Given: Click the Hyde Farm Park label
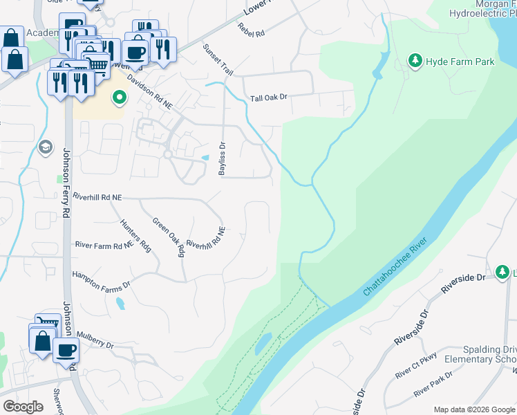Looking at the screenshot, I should tap(461, 62).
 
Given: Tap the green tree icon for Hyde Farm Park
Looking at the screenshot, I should tap(415, 62).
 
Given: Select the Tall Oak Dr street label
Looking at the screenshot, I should tap(269, 98).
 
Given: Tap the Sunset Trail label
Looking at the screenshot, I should tap(218, 59).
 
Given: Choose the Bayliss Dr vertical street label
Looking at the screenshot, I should tap(223, 159).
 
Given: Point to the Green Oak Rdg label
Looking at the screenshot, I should tap(169, 237).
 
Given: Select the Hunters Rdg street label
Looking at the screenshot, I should tap(135, 236).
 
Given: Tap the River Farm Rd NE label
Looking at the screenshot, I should tap(104, 245).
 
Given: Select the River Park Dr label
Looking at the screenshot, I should tap(433, 385).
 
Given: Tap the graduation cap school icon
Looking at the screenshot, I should tap(46, 147).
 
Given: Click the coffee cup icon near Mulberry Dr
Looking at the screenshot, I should tap(66, 350).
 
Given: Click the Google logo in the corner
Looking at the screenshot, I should tap(23, 406).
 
